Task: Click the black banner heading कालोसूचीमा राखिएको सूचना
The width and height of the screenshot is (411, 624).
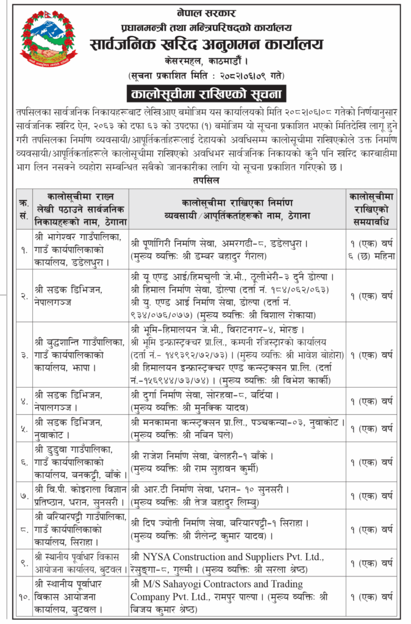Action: (x=205, y=93)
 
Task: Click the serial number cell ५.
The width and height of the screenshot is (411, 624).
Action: (x=24, y=428)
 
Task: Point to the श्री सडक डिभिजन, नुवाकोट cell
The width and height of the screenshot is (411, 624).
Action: (x=70, y=428)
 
